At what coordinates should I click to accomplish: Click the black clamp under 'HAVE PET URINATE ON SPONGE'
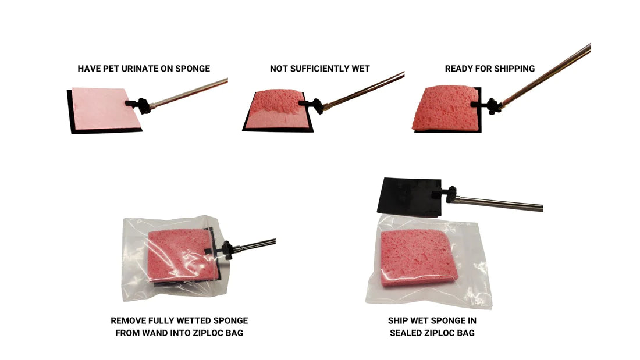pos(138,104)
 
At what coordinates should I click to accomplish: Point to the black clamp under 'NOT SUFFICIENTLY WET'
pos(313,105)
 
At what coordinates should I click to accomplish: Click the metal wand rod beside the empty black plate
pos(500,204)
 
